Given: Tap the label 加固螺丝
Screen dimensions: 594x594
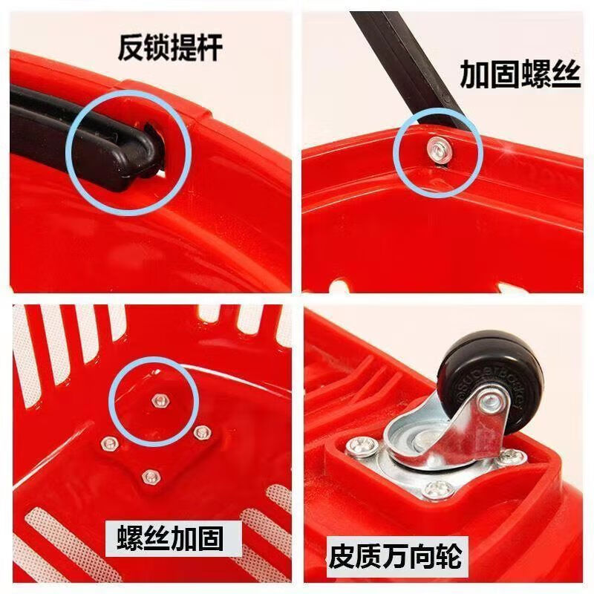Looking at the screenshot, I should coord(519,75).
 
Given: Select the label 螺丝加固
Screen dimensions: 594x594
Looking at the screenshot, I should coord(170,536).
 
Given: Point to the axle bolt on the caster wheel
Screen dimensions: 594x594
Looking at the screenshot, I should coord(489,403).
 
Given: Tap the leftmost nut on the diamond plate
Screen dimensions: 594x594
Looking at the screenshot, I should coord(109,443).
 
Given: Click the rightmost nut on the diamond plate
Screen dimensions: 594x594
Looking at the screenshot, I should coord(199,431).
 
